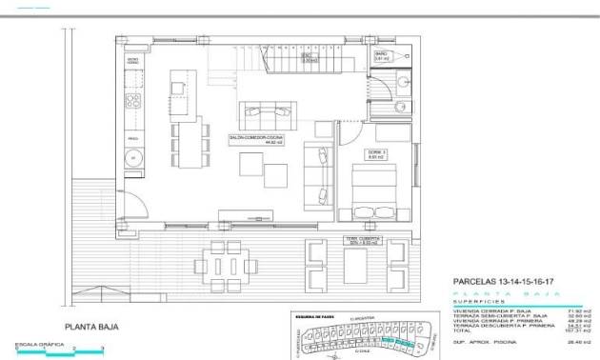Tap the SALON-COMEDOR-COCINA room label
pyautogui.click(x=254, y=138)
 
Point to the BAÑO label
pyautogui.click(x=380, y=54)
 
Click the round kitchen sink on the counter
pyautogui.click(x=134, y=157)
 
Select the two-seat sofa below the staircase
pyautogui.click(x=266, y=114)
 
